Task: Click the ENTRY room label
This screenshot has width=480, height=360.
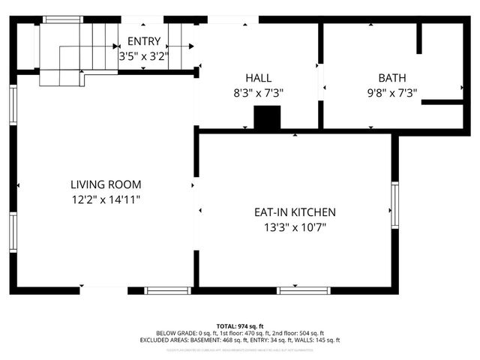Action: tap(144, 41)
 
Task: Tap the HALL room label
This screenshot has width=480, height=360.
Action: tap(259, 78)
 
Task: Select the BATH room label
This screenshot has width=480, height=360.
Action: tap(391, 78)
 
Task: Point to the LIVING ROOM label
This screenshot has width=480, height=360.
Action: tap(106, 184)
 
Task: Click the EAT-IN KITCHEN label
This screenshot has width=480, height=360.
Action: tap(295, 212)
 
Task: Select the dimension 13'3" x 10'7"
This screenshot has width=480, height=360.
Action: tap(295, 227)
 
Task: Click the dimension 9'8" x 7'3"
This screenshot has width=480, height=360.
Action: tap(391, 93)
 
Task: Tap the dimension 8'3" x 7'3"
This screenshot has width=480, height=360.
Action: tap(259, 93)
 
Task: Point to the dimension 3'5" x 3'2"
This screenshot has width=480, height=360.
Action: tap(144, 55)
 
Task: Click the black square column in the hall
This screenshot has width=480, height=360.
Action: tap(267, 118)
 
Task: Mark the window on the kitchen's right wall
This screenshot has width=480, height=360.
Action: tap(394, 204)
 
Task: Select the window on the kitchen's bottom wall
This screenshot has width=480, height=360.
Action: tap(303, 290)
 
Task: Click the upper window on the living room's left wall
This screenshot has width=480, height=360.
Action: tap(13, 104)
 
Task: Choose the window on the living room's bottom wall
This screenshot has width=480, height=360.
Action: tap(168, 290)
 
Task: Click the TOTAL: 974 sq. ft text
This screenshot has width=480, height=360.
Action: tap(239, 325)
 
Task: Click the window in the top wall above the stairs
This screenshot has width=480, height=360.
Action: tap(63, 19)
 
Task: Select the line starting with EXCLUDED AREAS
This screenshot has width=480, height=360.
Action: tap(239, 340)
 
